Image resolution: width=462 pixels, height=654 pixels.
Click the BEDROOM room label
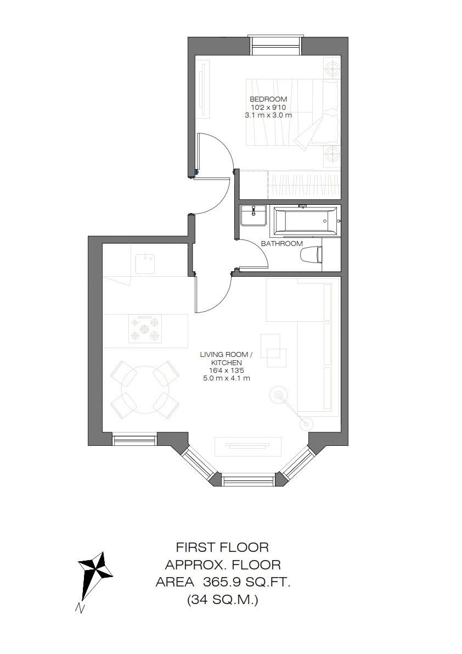[x=268, y=99]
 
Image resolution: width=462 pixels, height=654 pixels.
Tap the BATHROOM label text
[x=281, y=244]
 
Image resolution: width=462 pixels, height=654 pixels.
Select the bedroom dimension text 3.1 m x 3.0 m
[x=268, y=115]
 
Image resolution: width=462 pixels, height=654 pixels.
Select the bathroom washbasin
[x=253, y=215]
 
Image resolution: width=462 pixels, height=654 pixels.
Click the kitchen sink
[x=145, y=263]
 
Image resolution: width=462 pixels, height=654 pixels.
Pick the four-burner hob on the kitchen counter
[x=144, y=328]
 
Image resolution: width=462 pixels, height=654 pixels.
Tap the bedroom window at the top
[x=275, y=45]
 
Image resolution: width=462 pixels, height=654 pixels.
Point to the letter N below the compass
[x=78, y=608]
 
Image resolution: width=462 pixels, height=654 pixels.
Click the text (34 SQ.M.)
[x=223, y=600]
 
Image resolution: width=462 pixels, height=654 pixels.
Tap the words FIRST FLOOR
[x=222, y=547]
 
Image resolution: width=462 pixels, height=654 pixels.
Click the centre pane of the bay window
[x=248, y=479]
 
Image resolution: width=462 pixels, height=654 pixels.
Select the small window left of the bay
[x=134, y=440]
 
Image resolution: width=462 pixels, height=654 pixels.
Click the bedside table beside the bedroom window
[x=333, y=67]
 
